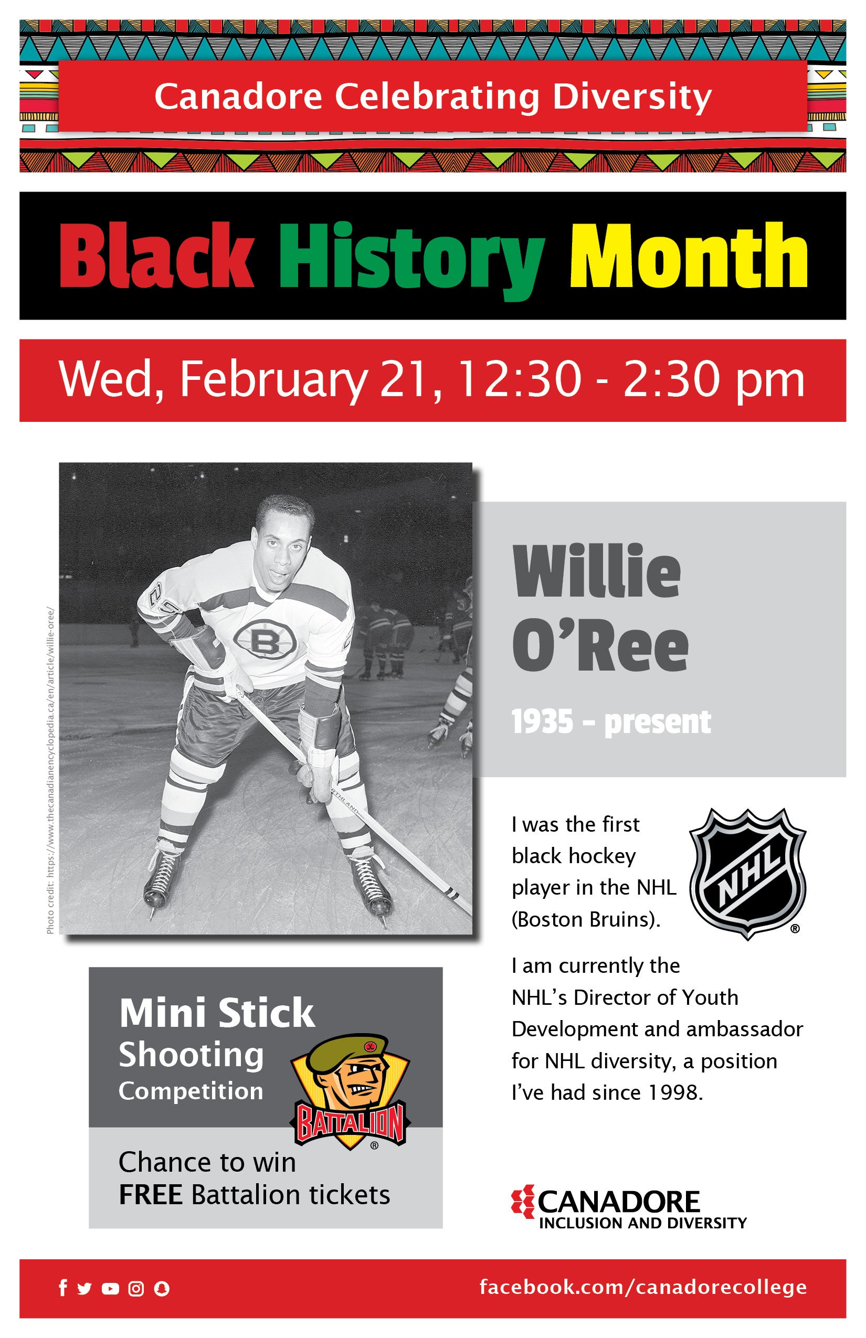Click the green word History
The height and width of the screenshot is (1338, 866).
tap(411, 260)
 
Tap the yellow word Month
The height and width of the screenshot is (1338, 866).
tap(688, 256)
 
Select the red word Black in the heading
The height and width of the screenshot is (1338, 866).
tap(156, 256)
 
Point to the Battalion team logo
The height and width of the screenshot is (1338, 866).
tap(350, 1092)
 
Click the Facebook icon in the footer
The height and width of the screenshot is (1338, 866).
tap(63, 1288)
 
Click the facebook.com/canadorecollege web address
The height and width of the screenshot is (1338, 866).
tap(643, 1287)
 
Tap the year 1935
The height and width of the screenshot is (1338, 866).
tap(542, 722)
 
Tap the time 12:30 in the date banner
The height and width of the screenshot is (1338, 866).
tap(520, 379)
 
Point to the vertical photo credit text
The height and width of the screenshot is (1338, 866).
tap(50, 770)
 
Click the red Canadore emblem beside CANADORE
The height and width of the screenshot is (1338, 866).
tap(523, 1202)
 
